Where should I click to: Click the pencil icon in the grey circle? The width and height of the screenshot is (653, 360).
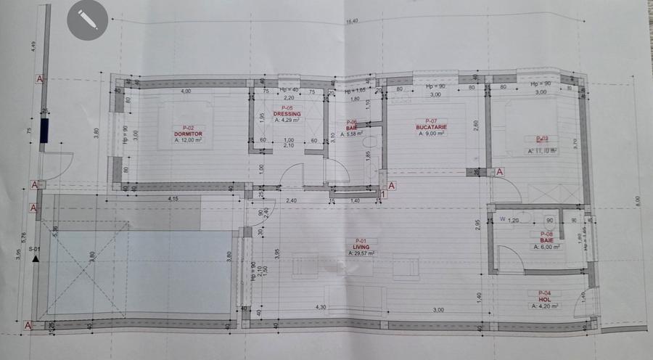pos(87,20)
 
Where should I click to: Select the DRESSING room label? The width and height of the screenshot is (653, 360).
pos(287,114)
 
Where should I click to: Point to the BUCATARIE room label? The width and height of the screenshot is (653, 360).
pos(430,127)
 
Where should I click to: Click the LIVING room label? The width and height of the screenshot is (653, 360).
pos(361,247)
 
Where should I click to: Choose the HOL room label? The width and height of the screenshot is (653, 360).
pos(546,299)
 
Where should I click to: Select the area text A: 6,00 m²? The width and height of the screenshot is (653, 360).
pos(546,247)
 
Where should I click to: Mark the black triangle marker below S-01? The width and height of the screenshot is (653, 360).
pos(34,258)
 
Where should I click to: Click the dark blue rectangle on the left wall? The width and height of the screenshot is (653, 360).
pos(44,131)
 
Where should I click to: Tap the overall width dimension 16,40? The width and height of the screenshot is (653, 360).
pos(353,22)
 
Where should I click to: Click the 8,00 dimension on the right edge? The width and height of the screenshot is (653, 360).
pos(638,200)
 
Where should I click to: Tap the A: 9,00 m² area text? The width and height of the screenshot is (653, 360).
pos(431,134)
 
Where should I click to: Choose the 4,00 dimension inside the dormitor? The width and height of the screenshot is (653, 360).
pos(186,91)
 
